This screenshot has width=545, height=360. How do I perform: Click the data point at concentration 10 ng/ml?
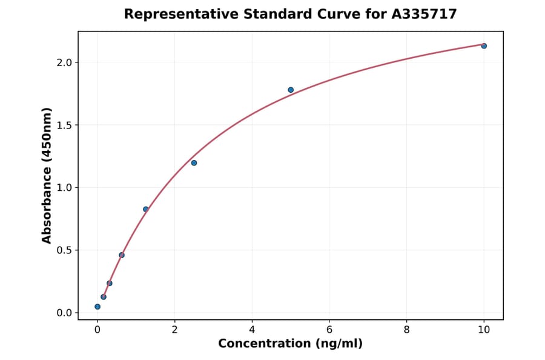point(484,46)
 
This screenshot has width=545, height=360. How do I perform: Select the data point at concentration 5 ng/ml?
point(291,90)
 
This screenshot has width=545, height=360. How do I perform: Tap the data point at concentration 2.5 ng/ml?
point(194,163)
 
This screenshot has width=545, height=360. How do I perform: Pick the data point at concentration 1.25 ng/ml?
point(146,209)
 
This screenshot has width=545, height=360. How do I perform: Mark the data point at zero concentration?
point(97,307)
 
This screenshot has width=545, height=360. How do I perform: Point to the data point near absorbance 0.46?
point(122,255)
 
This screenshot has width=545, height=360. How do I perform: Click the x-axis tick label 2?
point(175,330)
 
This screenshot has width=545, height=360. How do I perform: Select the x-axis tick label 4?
point(252,330)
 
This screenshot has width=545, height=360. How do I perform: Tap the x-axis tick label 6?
point(329,330)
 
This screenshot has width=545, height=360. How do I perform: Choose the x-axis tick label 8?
point(406,330)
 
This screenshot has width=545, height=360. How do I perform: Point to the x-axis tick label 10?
point(484,330)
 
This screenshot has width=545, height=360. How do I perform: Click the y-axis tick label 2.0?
point(64,62)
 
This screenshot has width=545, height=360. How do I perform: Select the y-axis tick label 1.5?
point(64,125)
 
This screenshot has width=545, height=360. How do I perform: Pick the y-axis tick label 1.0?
point(64,188)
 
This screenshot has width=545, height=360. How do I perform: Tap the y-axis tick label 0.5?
point(64,250)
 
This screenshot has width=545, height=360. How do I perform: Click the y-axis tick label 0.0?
point(64,313)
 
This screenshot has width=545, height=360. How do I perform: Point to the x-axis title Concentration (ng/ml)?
point(290,344)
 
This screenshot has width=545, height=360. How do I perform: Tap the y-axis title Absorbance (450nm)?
point(47,175)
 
